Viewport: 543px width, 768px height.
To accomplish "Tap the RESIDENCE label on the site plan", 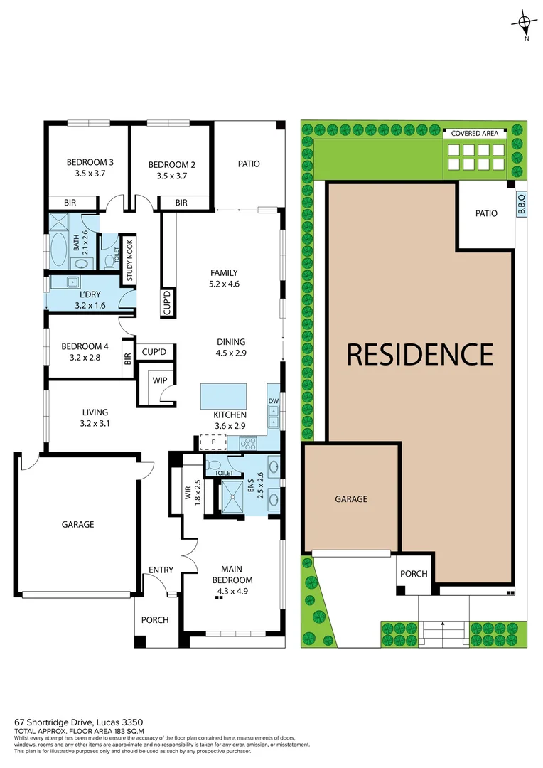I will point(419,353).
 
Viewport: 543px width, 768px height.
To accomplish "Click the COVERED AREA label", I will point(475,132).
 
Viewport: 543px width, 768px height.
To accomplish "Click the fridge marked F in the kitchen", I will point(211,442).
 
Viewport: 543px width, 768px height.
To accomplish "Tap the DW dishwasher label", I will point(274,401).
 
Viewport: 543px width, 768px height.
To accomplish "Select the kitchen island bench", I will point(223,395).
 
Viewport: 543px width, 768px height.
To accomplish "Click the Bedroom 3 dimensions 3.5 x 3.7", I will point(90,172).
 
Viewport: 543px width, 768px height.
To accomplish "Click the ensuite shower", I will point(232,497).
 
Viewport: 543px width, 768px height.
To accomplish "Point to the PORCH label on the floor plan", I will point(155,620).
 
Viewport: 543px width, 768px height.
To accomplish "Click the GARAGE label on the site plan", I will point(351,499).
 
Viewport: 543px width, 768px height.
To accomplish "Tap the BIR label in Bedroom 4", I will point(128,359).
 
